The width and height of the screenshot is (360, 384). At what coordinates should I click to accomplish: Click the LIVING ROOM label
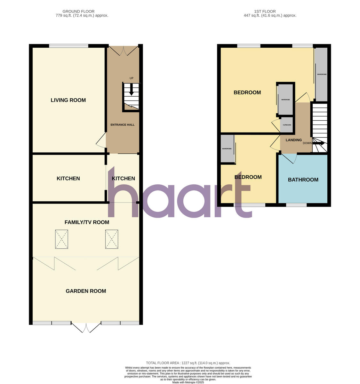(68, 100)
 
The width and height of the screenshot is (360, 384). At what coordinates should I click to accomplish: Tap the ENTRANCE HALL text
(123, 124)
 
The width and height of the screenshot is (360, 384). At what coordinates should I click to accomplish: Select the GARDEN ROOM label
(86, 291)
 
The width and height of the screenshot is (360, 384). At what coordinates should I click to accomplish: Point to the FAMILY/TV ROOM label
(87, 222)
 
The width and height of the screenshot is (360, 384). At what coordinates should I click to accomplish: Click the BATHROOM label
(303, 180)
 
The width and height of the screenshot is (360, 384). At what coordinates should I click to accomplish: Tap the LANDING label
(293, 140)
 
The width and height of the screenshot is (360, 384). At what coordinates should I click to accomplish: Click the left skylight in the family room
(61, 239)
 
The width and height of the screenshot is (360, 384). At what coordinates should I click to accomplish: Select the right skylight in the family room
(112, 239)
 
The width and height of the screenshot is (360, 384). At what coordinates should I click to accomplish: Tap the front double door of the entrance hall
(123, 50)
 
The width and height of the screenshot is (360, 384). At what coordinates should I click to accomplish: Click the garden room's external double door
(86, 327)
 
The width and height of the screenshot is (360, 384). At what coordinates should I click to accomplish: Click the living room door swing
(101, 141)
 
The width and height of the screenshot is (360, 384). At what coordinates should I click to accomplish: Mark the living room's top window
(68, 46)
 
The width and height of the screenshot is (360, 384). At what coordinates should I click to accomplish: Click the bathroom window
(296, 205)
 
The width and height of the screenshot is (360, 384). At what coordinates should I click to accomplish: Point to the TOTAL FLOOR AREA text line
(188, 363)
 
